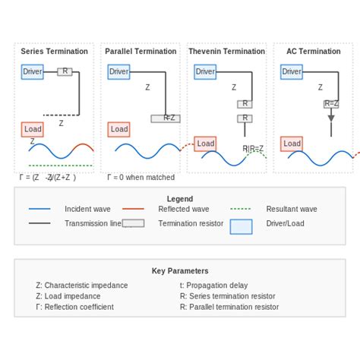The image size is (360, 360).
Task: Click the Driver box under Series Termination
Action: [x=33, y=71]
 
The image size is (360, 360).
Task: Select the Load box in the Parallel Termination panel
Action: [x=119, y=129]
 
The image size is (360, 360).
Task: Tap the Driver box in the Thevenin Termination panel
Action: [x=205, y=72]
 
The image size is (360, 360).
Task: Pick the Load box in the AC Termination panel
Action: [x=292, y=143]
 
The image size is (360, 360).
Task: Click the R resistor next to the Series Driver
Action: [x=65, y=71]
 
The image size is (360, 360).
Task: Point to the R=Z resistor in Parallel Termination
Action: [x=166, y=118]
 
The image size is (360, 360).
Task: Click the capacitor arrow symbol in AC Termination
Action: [x=330, y=118]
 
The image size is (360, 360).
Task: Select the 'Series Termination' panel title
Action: [x=54, y=52]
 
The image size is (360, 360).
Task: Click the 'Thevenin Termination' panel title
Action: [x=226, y=52]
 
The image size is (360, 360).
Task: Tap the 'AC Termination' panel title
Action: [x=313, y=52]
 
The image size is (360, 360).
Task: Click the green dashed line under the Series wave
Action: [x=61, y=165]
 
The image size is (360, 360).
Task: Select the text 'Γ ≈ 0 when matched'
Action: [x=141, y=178]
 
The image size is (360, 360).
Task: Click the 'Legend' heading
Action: [x=180, y=199]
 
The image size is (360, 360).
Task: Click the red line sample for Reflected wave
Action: [x=133, y=209]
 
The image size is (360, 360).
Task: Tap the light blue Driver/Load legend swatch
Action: [x=241, y=226]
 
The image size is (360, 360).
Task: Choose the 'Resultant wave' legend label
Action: [x=292, y=209]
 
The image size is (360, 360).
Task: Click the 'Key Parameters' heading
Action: [x=180, y=271]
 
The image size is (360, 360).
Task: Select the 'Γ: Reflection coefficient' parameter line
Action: [x=74, y=307]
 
